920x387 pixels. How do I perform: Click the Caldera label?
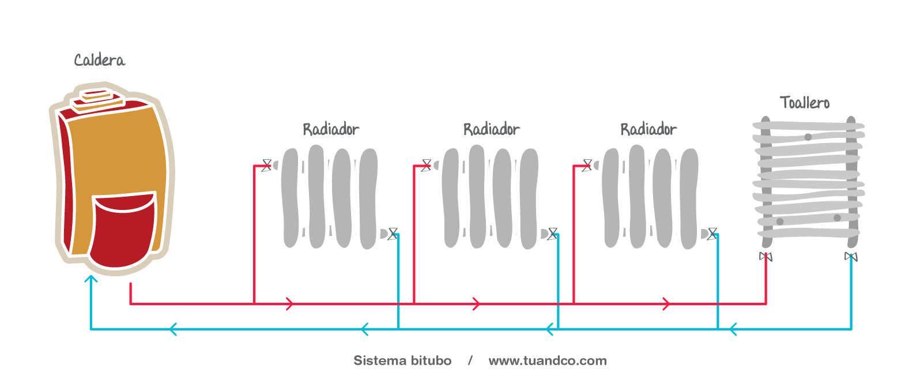(100, 60)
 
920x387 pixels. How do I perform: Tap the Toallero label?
(805, 102)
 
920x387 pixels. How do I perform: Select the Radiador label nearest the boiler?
(331, 129)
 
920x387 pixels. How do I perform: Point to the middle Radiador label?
(492, 129)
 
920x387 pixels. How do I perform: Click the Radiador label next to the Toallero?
(648, 129)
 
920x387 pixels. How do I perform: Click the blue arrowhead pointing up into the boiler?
(91, 279)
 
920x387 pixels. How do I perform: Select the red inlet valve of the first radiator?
(266, 166)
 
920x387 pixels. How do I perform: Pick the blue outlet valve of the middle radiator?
(552, 234)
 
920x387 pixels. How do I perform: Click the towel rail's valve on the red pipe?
(766, 257)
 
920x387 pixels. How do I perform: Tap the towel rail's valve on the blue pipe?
(851, 257)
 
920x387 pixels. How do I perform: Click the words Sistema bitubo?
(402, 360)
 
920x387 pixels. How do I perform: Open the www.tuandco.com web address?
(548, 360)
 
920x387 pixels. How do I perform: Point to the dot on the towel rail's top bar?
(808, 137)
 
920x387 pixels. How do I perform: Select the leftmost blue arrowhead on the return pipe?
(173, 329)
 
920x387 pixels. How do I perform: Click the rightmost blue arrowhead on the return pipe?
(733, 329)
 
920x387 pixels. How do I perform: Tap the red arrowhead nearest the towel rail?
(666, 304)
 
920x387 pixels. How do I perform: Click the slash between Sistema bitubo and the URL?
(470, 360)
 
